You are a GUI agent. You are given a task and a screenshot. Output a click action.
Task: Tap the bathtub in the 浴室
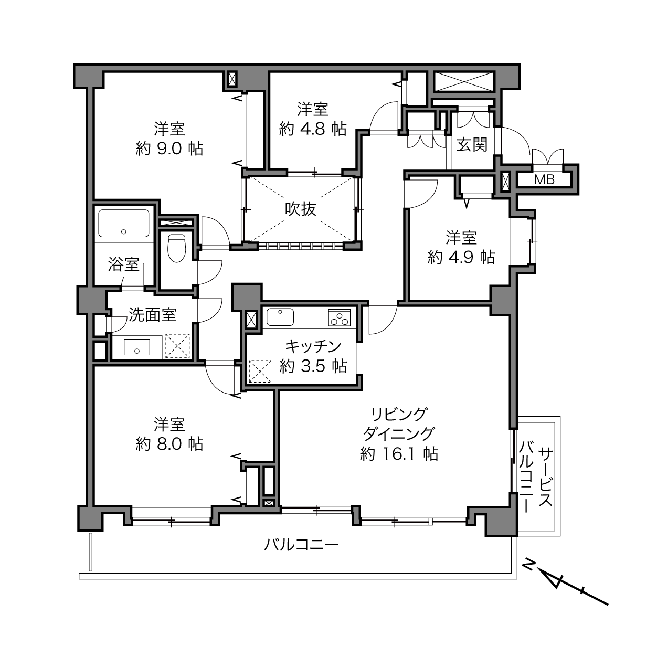click(124, 224)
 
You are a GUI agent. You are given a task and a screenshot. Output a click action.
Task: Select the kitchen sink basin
click(280, 317)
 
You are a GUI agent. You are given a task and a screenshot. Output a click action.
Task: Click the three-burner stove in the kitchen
click(339, 317)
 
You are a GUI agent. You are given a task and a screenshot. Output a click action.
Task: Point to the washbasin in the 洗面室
click(137, 347)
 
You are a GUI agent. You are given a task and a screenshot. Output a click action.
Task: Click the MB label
click(544, 179)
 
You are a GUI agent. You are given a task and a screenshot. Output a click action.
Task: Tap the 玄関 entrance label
click(472, 145)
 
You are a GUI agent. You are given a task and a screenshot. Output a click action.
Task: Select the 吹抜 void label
click(301, 209)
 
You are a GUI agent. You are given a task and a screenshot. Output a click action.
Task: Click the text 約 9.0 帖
click(169, 149)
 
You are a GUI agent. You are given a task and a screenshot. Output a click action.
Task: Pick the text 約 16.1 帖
click(399, 454)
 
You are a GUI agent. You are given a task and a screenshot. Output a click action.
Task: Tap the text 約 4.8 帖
click(313, 129)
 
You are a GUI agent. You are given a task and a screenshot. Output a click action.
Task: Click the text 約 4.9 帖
click(461, 258)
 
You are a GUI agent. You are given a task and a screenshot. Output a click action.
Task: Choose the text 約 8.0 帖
click(169, 444)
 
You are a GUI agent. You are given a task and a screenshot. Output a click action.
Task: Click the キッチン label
click(313, 347)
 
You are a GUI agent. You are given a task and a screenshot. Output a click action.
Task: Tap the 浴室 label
click(124, 264)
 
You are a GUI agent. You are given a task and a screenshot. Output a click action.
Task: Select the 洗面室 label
click(152, 315)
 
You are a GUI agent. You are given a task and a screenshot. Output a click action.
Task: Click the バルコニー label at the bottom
click(302, 545)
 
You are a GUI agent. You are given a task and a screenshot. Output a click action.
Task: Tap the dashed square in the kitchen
click(260, 372)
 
